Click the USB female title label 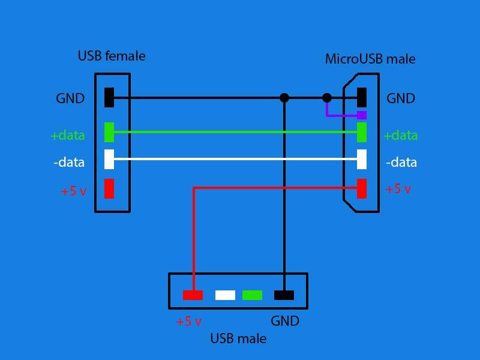point(112,56)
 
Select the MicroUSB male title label point(370,59)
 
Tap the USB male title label point(238,338)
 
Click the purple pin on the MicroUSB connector point(362,115)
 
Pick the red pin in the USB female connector point(109,188)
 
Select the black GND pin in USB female point(109,97)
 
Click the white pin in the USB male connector point(226,295)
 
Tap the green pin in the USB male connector point(252,295)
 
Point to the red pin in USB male point(193,295)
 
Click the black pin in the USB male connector point(284,295)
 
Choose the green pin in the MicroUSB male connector point(362,132)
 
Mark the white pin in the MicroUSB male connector point(362,159)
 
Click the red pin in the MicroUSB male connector point(362,188)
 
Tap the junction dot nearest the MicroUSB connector point(327,98)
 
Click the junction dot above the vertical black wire point(284,98)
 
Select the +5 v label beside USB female point(74,191)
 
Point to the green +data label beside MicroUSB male point(400,136)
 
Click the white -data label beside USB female point(69,162)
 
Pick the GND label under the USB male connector point(285,321)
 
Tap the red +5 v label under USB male point(189,322)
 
